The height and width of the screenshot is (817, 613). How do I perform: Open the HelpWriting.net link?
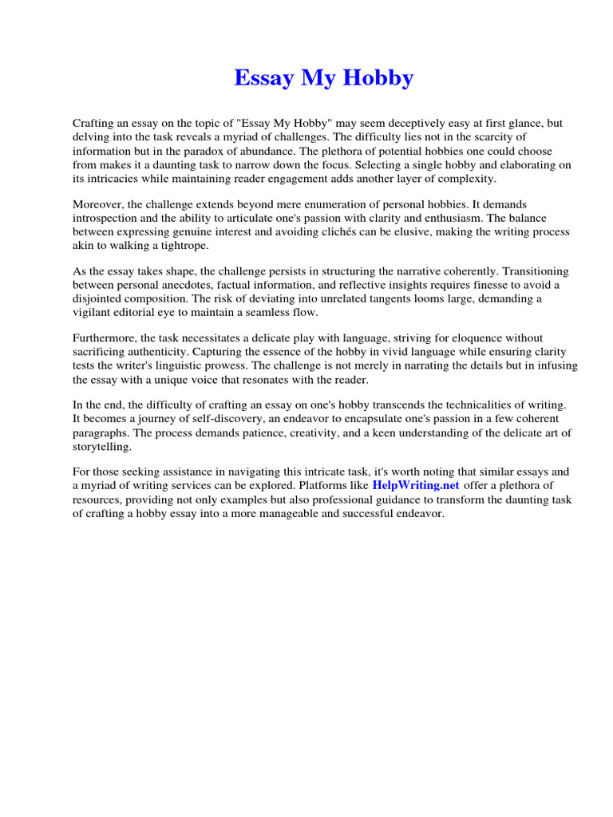tap(415, 486)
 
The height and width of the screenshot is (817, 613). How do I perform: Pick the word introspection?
tap(107, 219)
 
